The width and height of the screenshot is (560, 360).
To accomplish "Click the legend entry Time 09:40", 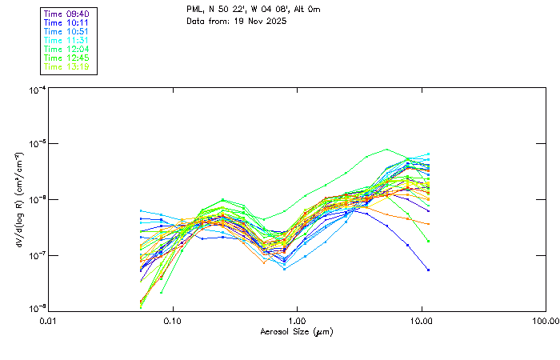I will [67, 14].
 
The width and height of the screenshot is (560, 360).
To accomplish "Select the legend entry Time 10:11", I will [67, 22].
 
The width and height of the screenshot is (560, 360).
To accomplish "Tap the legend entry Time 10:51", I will [67, 31].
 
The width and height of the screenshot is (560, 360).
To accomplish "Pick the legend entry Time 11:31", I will [67, 40].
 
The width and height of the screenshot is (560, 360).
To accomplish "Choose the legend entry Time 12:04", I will [67, 49].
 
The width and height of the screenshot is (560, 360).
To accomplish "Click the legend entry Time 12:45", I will [67, 58].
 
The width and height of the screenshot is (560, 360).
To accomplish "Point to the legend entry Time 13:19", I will [67, 66].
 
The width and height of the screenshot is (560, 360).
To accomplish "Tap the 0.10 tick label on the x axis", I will [172, 321].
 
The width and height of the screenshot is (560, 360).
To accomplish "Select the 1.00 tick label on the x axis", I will [297, 321].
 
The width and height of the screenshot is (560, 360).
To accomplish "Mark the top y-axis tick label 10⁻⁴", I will [36, 90].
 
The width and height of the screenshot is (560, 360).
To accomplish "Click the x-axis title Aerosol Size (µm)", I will [296, 331].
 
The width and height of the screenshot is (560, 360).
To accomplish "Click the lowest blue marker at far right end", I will [428, 270].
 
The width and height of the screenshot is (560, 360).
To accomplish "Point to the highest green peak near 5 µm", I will [387, 150].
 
